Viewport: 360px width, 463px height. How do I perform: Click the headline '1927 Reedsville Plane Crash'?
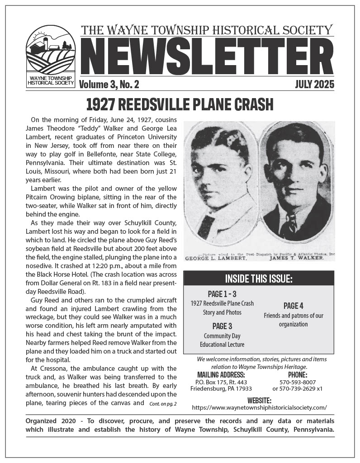click(180, 104)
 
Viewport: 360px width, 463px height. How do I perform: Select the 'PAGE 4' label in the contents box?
click(293, 306)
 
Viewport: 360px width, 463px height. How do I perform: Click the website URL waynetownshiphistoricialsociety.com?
click(259, 407)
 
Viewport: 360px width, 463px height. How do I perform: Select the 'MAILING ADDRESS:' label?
click(221, 375)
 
